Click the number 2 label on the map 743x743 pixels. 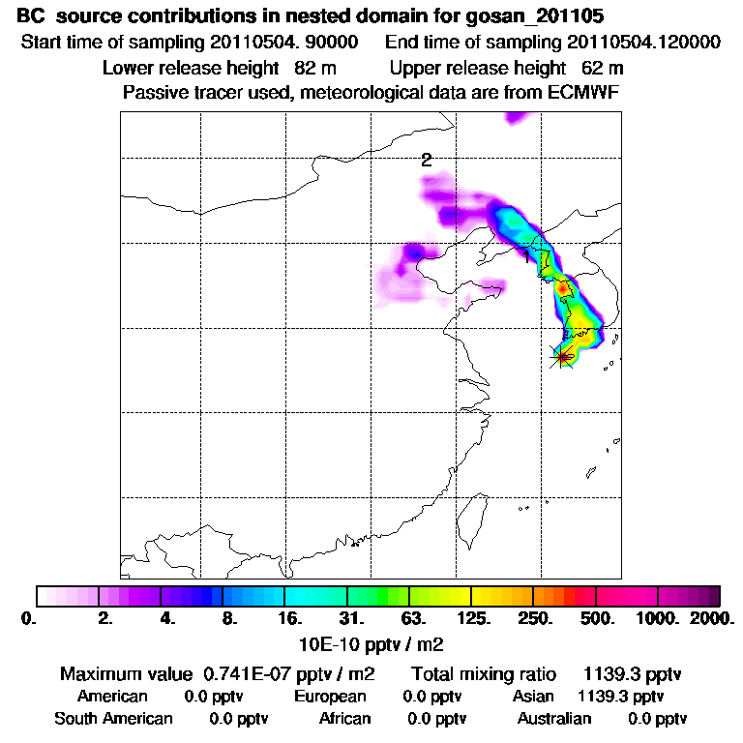pyautogui.click(x=426, y=161)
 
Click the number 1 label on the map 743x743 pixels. pyautogui.click(x=526, y=257)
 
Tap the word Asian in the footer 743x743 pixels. pyautogui.click(x=533, y=697)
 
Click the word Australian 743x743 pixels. pyautogui.click(x=554, y=719)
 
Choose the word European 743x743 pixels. pyautogui.click(x=330, y=697)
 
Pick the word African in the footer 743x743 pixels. pyautogui.click(x=345, y=719)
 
